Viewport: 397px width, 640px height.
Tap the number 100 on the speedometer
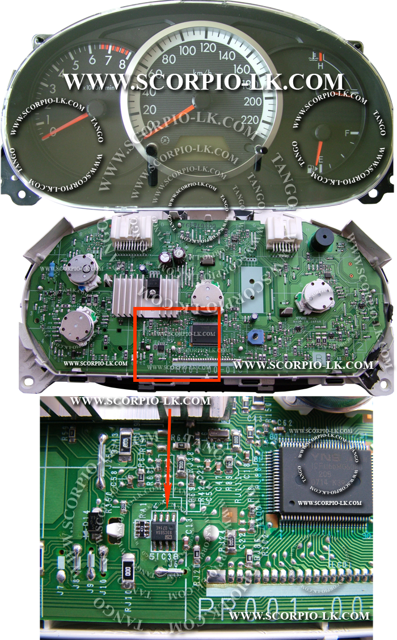pyautogui.click(x=187, y=50)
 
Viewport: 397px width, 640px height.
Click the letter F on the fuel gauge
pyautogui.click(x=348, y=134)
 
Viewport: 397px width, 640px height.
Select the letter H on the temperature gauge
pyautogui.click(x=321, y=66)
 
